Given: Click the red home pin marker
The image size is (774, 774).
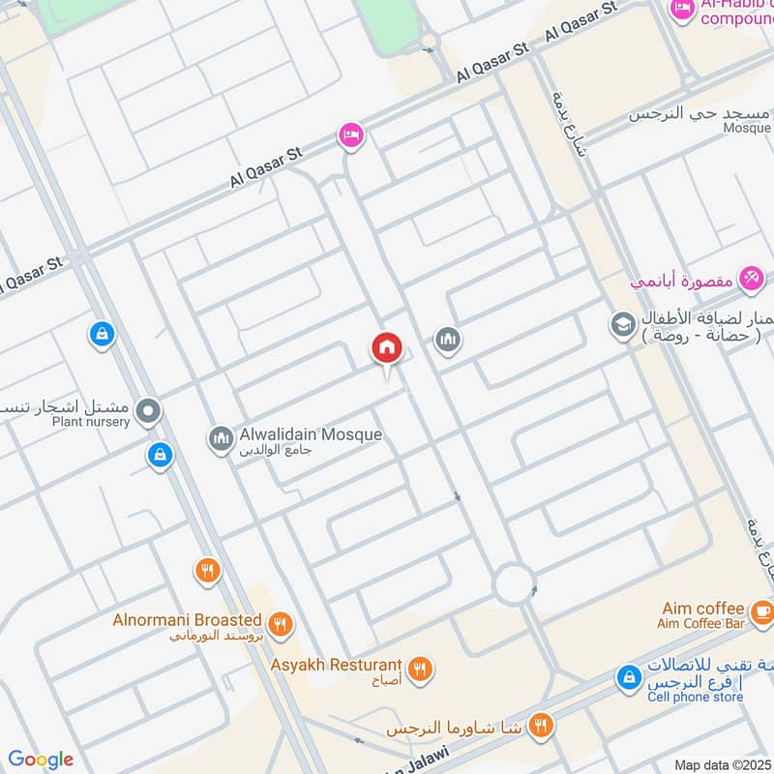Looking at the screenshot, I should (386, 347).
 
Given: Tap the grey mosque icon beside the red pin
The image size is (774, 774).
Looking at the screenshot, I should (446, 339).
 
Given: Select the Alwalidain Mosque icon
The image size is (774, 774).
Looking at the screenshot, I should (221, 439).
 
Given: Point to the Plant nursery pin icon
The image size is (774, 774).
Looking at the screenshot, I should (148, 412).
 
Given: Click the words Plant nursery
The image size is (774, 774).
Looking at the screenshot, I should (91, 422).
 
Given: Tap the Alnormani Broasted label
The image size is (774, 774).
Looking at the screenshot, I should (199, 619).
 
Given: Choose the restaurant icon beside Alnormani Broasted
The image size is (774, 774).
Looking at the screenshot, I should (280, 624).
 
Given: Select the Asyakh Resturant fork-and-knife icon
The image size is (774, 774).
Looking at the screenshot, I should (419, 668).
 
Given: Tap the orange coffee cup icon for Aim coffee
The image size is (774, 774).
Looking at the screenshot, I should (761, 610).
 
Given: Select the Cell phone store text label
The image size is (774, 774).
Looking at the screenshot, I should (695, 697).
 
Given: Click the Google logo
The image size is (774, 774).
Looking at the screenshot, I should (41, 759).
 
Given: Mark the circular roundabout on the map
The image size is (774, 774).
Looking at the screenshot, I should (514, 583).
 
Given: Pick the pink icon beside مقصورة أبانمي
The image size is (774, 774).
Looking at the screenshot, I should (750, 279).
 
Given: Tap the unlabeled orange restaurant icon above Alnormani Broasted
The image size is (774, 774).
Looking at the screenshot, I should (207, 570).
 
